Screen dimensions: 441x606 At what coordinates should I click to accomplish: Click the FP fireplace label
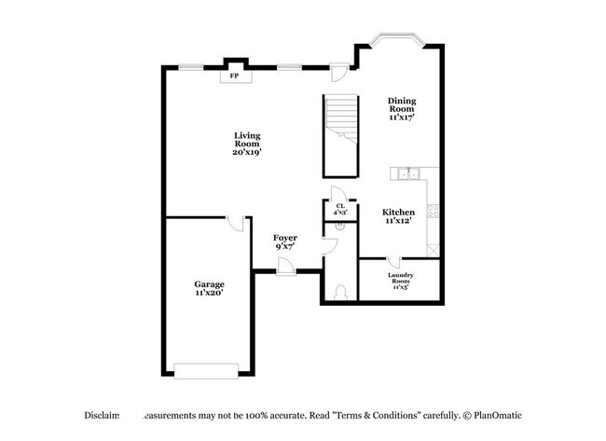pos(235,75)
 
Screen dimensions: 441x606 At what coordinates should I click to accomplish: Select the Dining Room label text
pos(402,109)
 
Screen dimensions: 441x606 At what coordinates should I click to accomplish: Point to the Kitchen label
pos(397,216)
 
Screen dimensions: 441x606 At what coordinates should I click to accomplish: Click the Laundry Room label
pos(401,281)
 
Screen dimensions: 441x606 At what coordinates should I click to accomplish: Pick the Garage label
pos(209,288)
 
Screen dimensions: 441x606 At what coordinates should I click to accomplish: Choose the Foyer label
pos(284,242)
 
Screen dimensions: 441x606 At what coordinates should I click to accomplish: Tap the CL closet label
pos(340,210)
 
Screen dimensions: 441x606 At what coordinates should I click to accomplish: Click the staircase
pos(339,134)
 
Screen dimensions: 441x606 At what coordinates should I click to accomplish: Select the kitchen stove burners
pos(433,211)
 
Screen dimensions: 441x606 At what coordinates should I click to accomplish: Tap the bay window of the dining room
pos(396,40)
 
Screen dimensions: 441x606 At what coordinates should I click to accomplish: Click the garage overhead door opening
pos(207,371)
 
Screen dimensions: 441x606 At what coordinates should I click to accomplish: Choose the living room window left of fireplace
pos(193,66)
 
